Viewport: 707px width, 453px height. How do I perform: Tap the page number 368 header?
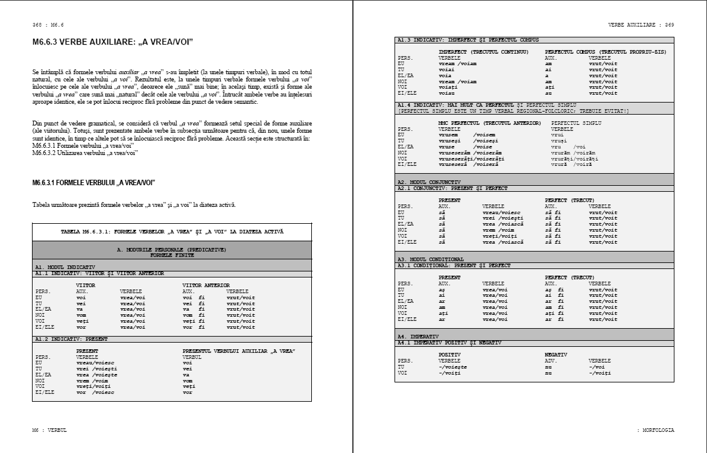[x=48, y=25]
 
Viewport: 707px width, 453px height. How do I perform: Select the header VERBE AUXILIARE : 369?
[x=641, y=25]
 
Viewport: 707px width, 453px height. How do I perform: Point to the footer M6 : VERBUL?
[x=49, y=430]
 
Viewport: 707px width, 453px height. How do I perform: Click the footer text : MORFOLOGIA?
[x=655, y=430]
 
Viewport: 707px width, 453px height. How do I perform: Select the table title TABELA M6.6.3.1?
[x=172, y=232]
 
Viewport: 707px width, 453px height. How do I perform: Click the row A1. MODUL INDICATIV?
[x=65, y=267]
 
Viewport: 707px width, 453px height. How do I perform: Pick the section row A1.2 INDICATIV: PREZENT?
[x=71, y=339]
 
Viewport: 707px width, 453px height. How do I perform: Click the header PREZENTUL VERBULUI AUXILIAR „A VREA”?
[x=238, y=350]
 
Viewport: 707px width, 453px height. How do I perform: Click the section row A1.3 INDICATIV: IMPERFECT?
[x=468, y=40]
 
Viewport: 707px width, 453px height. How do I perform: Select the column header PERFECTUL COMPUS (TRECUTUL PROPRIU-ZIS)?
[x=605, y=52]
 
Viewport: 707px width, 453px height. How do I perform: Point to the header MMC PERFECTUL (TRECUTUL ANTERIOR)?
[x=489, y=123]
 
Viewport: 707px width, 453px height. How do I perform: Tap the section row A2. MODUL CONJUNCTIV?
[x=429, y=182]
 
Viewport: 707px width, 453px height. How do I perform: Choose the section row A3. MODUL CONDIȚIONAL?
[x=430, y=259]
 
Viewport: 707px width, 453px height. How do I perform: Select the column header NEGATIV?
[x=556, y=355]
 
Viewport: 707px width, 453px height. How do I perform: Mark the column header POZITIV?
[x=450, y=355]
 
